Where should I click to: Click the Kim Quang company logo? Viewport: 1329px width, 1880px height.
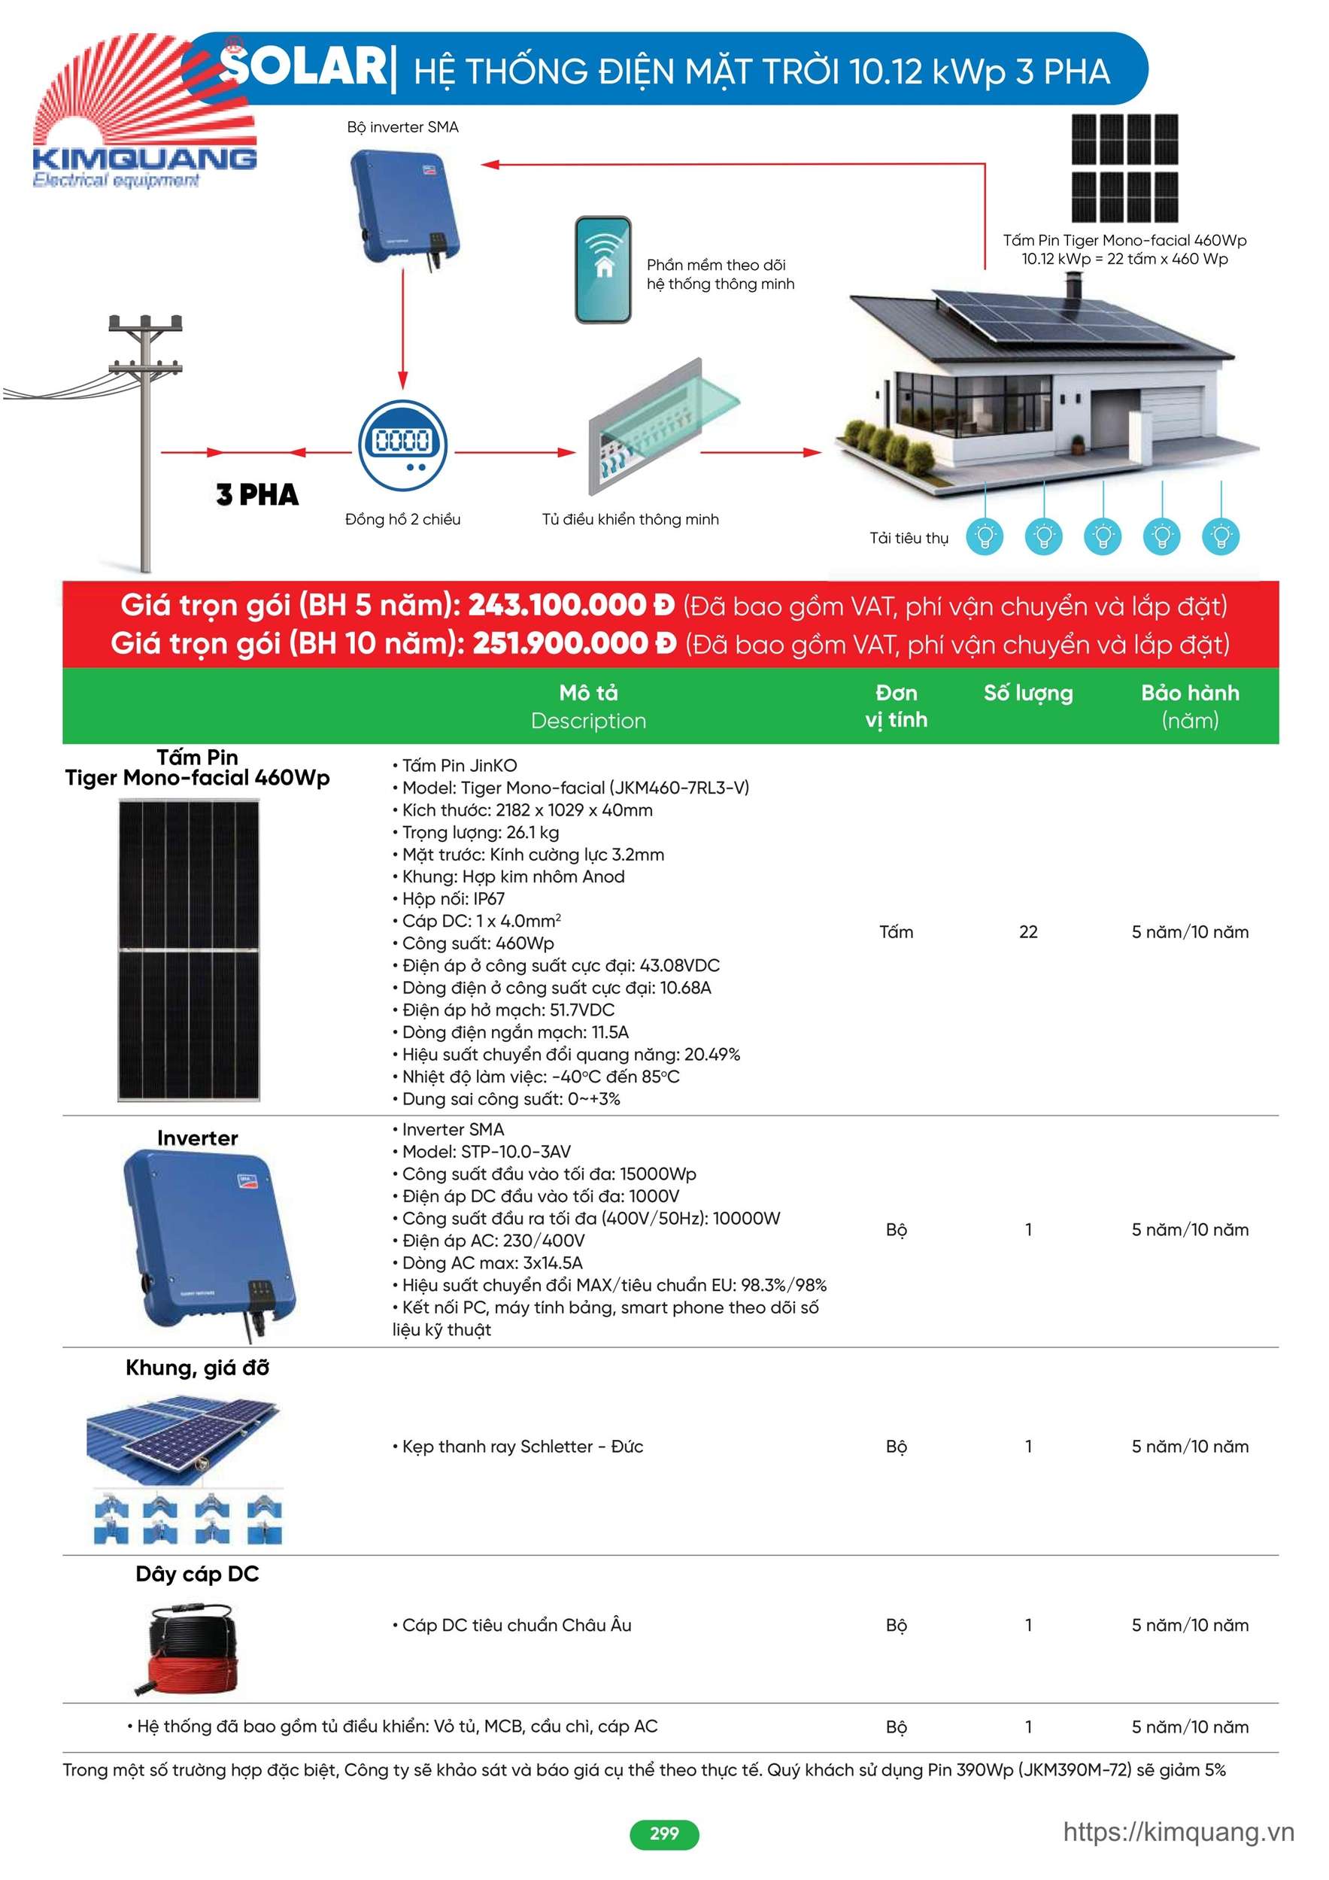pyautogui.click(x=144, y=114)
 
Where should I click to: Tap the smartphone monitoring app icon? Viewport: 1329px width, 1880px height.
pyautogui.click(x=602, y=269)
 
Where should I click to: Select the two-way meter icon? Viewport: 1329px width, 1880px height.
pyautogui.click(x=402, y=445)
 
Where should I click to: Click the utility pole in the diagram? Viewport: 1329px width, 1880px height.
pyautogui.click(x=146, y=442)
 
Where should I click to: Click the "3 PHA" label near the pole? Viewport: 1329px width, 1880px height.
pyautogui.click(x=257, y=494)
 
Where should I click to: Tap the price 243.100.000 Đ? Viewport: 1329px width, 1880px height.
pyautogui.click(x=571, y=605)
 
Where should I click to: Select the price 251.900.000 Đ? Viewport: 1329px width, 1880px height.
pyautogui.click(x=574, y=643)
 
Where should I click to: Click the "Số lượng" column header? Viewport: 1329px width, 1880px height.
pyautogui.click(x=1027, y=694)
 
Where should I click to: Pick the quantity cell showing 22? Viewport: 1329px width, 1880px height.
pyautogui.click(x=1027, y=932)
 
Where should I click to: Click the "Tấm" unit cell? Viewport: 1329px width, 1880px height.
pyautogui.click(x=896, y=932)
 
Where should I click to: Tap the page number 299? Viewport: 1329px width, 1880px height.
pyautogui.click(x=664, y=1833)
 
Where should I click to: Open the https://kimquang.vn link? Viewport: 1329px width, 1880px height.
pyautogui.click(x=1179, y=1832)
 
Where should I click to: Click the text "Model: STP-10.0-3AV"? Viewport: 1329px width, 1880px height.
pyautogui.click(x=486, y=1151)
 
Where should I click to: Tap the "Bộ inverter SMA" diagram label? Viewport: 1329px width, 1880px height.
pyautogui.click(x=402, y=127)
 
